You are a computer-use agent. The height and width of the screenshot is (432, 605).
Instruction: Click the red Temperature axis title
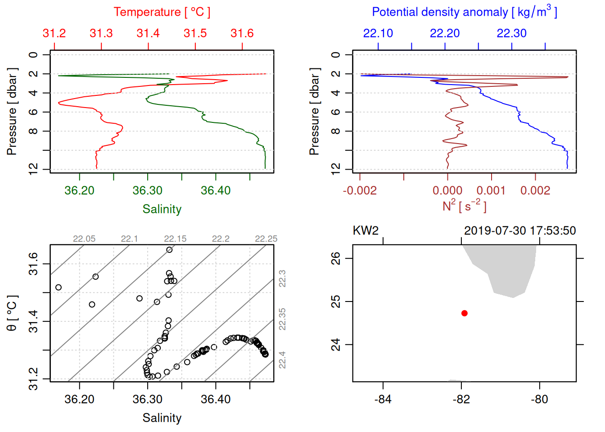(x=162, y=12)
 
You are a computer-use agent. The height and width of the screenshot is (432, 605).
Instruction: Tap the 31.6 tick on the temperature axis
(x=242, y=33)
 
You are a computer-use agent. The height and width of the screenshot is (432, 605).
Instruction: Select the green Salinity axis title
(x=162, y=209)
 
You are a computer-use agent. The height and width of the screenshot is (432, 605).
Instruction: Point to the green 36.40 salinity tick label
(x=216, y=191)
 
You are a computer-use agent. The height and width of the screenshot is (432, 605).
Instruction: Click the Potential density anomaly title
(x=464, y=12)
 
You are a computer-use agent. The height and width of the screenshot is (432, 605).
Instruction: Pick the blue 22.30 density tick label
(x=511, y=33)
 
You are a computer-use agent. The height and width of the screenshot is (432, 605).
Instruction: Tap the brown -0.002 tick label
(x=360, y=191)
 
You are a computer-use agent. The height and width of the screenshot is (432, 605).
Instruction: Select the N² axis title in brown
(x=464, y=206)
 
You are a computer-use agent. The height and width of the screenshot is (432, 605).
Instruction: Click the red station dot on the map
(x=465, y=313)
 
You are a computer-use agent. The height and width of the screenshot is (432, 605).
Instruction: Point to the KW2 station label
(x=366, y=231)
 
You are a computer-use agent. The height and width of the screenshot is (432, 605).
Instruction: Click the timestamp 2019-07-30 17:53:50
(x=520, y=231)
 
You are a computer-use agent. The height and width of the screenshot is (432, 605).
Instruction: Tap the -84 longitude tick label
(x=383, y=399)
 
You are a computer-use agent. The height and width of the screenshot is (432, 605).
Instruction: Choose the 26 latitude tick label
(x=336, y=258)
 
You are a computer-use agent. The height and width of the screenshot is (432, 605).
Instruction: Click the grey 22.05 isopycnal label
(x=84, y=239)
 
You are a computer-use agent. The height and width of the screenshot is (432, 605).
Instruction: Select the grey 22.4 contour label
(x=282, y=360)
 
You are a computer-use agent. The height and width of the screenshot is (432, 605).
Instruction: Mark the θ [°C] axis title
(x=12, y=313)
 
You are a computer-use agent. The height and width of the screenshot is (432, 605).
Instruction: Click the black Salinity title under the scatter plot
(x=162, y=418)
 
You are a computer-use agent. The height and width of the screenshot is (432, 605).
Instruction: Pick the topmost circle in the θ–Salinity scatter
(x=169, y=250)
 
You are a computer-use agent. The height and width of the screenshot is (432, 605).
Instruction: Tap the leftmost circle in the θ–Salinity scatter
(x=59, y=288)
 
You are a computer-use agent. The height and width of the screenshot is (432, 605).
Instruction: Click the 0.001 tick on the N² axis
(x=491, y=191)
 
